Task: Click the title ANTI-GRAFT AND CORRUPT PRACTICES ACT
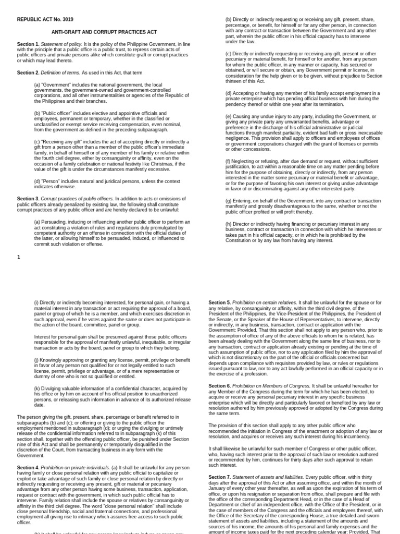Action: pyautogui.click(x=96, y=32)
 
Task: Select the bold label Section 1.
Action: pyautogui.click(x=28, y=44)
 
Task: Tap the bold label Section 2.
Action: pyautogui.click(x=28, y=72)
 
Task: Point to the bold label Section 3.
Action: pyautogui.click(x=28, y=199)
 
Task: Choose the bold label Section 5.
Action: pyautogui.click(x=219, y=302)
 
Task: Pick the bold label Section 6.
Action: pyautogui.click(x=219, y=385)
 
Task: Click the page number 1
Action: pyautogui.click(x=19, y=257)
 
